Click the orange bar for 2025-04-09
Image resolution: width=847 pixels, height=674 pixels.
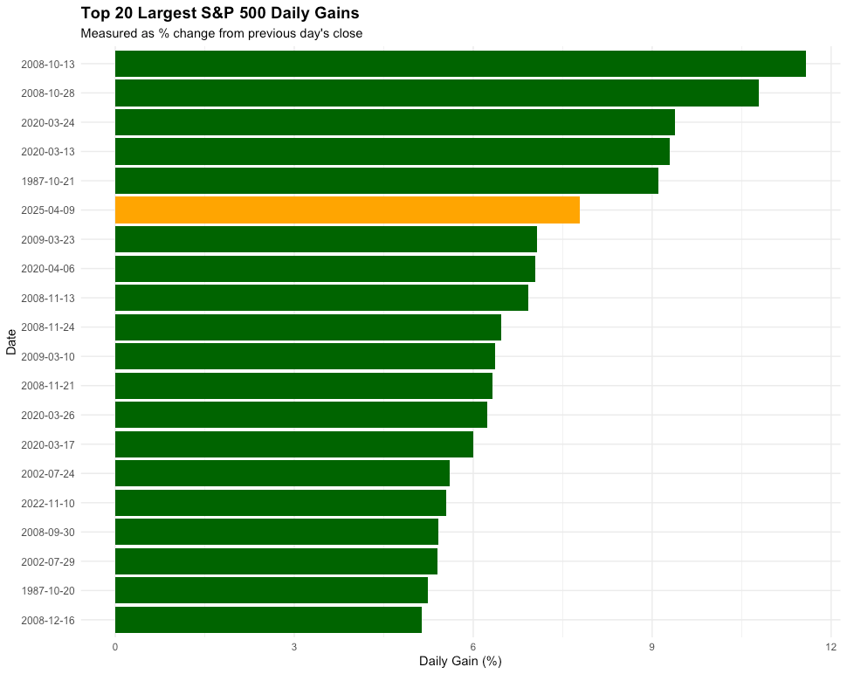click(x=347, y=210)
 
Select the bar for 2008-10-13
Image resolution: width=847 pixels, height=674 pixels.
click(x=460, y=64)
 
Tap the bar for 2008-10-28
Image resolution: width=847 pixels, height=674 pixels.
click(x=437, y=93)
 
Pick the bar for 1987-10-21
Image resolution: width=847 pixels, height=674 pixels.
click(x=386, y=181)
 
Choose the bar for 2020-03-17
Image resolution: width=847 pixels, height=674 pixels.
click(x=293, y=444)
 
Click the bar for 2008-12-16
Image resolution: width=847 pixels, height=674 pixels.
click(x=268, y=620)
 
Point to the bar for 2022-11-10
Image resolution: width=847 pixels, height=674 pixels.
click(x=280, y=503)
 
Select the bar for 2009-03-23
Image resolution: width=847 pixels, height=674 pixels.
click(x=326, y=239)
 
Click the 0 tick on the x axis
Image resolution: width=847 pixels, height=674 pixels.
click(x=115, y=647)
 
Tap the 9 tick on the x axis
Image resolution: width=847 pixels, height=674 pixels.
click(x=652, y=647)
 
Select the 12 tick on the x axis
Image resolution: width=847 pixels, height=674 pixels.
click(x=830, y=647)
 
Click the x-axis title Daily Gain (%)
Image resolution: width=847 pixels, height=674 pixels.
click(x=460, y=662)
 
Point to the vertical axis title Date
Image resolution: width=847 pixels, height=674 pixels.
click(x=10, y=341)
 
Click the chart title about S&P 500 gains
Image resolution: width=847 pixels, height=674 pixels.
click(x=219, y=14)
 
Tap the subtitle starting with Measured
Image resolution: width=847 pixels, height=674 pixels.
click(x=221, y=34)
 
